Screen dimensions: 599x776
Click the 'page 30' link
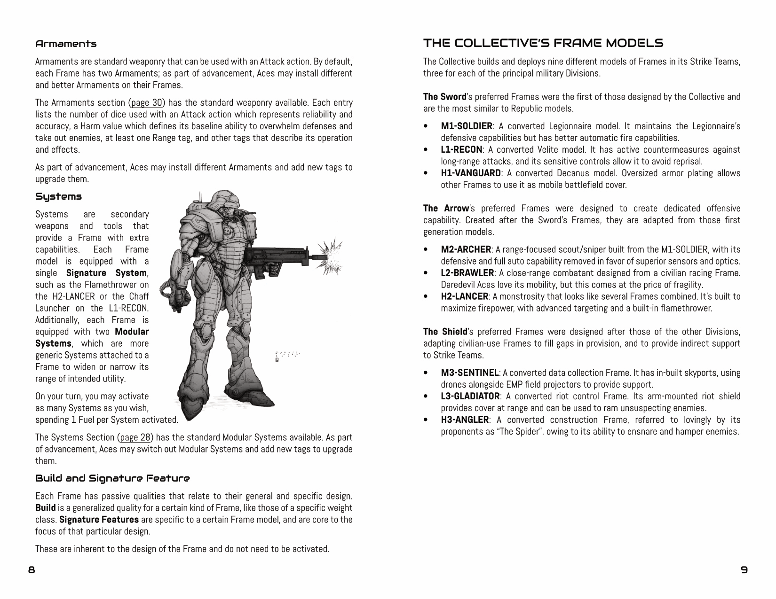pos(147,103)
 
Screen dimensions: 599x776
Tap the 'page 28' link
pos(135,437)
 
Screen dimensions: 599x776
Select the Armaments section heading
pos(66,44)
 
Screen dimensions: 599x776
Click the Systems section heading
pos(58,196)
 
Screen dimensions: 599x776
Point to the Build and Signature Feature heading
pos(112,479)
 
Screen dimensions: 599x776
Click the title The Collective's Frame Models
pos(543,43)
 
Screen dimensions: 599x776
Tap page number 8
pos(32,570)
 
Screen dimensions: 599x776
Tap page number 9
pos(744,570)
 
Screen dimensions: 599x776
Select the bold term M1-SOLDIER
pos(466,126)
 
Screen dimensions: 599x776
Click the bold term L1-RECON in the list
pos(461,150)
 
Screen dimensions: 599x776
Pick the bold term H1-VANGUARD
pos(470,173)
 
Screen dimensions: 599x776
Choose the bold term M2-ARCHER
pos(466,249)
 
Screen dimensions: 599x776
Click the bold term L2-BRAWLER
pos(467,273)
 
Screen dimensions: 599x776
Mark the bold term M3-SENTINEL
pos(469,373)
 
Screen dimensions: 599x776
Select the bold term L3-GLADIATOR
pos(470,397)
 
